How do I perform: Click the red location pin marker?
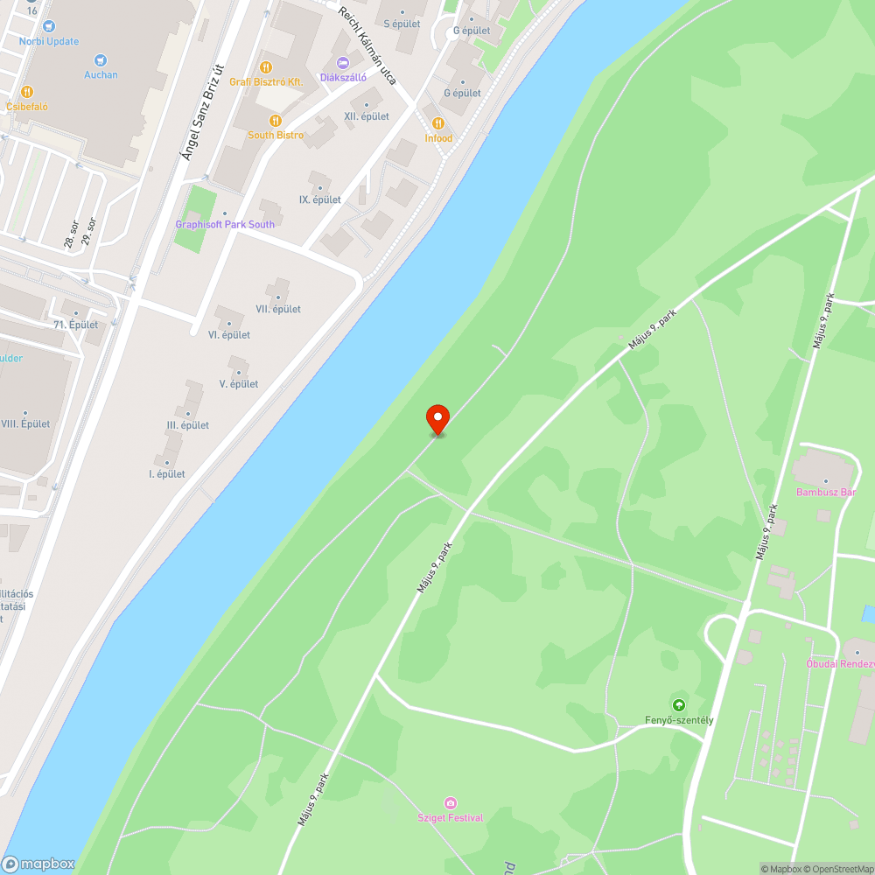pyautogui.click(x=437, y=419)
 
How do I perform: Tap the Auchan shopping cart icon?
pyautogui.click(x=101, y=59)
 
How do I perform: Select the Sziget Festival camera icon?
pyautogui.click(x=451, y=803)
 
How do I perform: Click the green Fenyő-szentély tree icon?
pyautogui.click(x=678, y=704)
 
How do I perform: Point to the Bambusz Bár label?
pyautogui.click(x=825, y=492)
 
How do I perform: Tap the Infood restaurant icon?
pyautogui.click(x=438, y=123)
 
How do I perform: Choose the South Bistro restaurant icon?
pyautogui.click(x=276, y=120)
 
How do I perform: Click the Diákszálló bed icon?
pyautogui.click(x=343, y=62)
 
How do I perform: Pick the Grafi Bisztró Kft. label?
pyautogui.click(x=266, y=81)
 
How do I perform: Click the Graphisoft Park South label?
pyautogui.click(x=225, y=224)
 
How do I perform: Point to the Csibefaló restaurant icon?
pyautogui.click(x=27, y=91)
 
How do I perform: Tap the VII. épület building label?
pyautogui.click(x=278, y=309)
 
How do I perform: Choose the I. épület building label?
pyautogui.click(x=167, y=474)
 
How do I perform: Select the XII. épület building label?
pyautogui.click(x=367, y=116)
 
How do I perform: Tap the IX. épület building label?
pyautogui.click(x=319, y=199)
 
